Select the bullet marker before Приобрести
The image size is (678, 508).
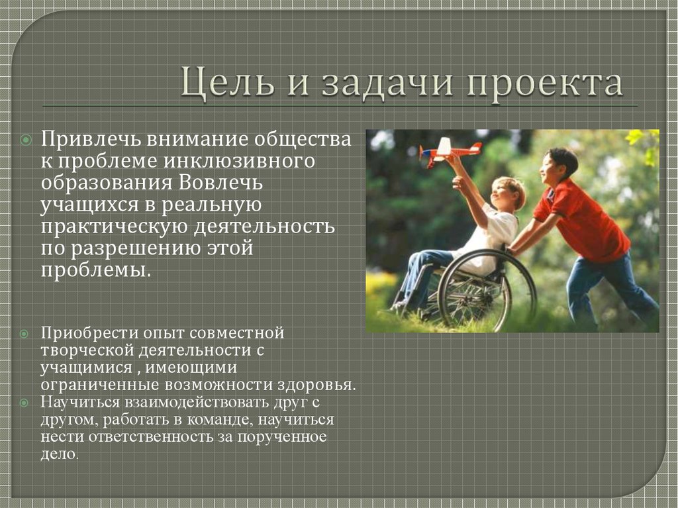point(24,331)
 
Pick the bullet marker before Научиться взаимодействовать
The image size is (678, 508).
point(24,402)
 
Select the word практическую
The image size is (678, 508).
point(113,227)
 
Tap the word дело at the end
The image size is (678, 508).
point(59,455)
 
